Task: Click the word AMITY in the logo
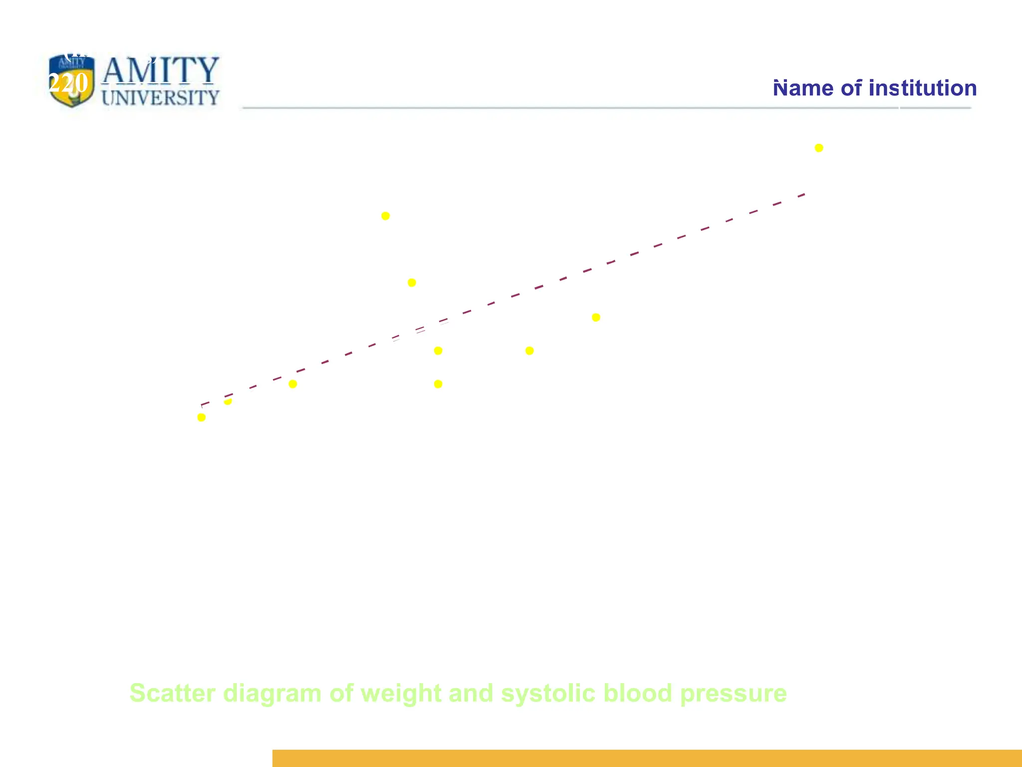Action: point(160,70)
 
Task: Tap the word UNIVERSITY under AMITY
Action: point(160,97)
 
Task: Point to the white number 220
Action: point(68,83)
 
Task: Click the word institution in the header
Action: point(923,88)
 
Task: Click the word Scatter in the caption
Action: point(172,693)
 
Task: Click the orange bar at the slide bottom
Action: point(647,758)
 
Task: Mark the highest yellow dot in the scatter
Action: point(819,148)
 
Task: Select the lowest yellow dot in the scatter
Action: point(202,417)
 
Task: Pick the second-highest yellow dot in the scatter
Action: point(385,216)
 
